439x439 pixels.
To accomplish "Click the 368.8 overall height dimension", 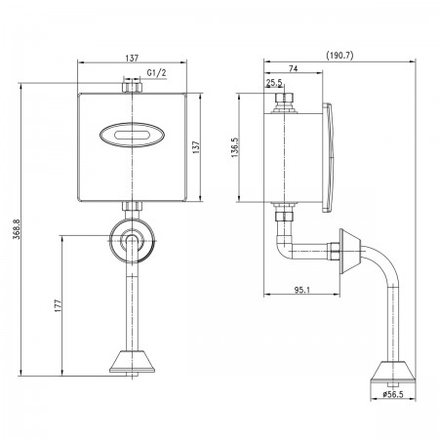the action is (x=17, y=229).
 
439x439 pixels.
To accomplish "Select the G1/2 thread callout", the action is (x=156, y=72).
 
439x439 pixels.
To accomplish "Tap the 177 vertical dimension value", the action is (x=58, y=305).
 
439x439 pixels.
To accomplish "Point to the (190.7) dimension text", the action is (x=339, y=56).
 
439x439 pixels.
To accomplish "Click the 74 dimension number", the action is (x=293, y=68).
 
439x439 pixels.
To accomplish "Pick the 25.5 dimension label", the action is (x=274, y=83).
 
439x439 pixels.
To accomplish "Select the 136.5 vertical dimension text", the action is (x=235, y=147).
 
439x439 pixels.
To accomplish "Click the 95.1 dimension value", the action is (x=302, y=290).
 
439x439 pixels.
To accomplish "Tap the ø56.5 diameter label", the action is (x=393, y=394).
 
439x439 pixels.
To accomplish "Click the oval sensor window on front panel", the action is (x=132, y=135).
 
